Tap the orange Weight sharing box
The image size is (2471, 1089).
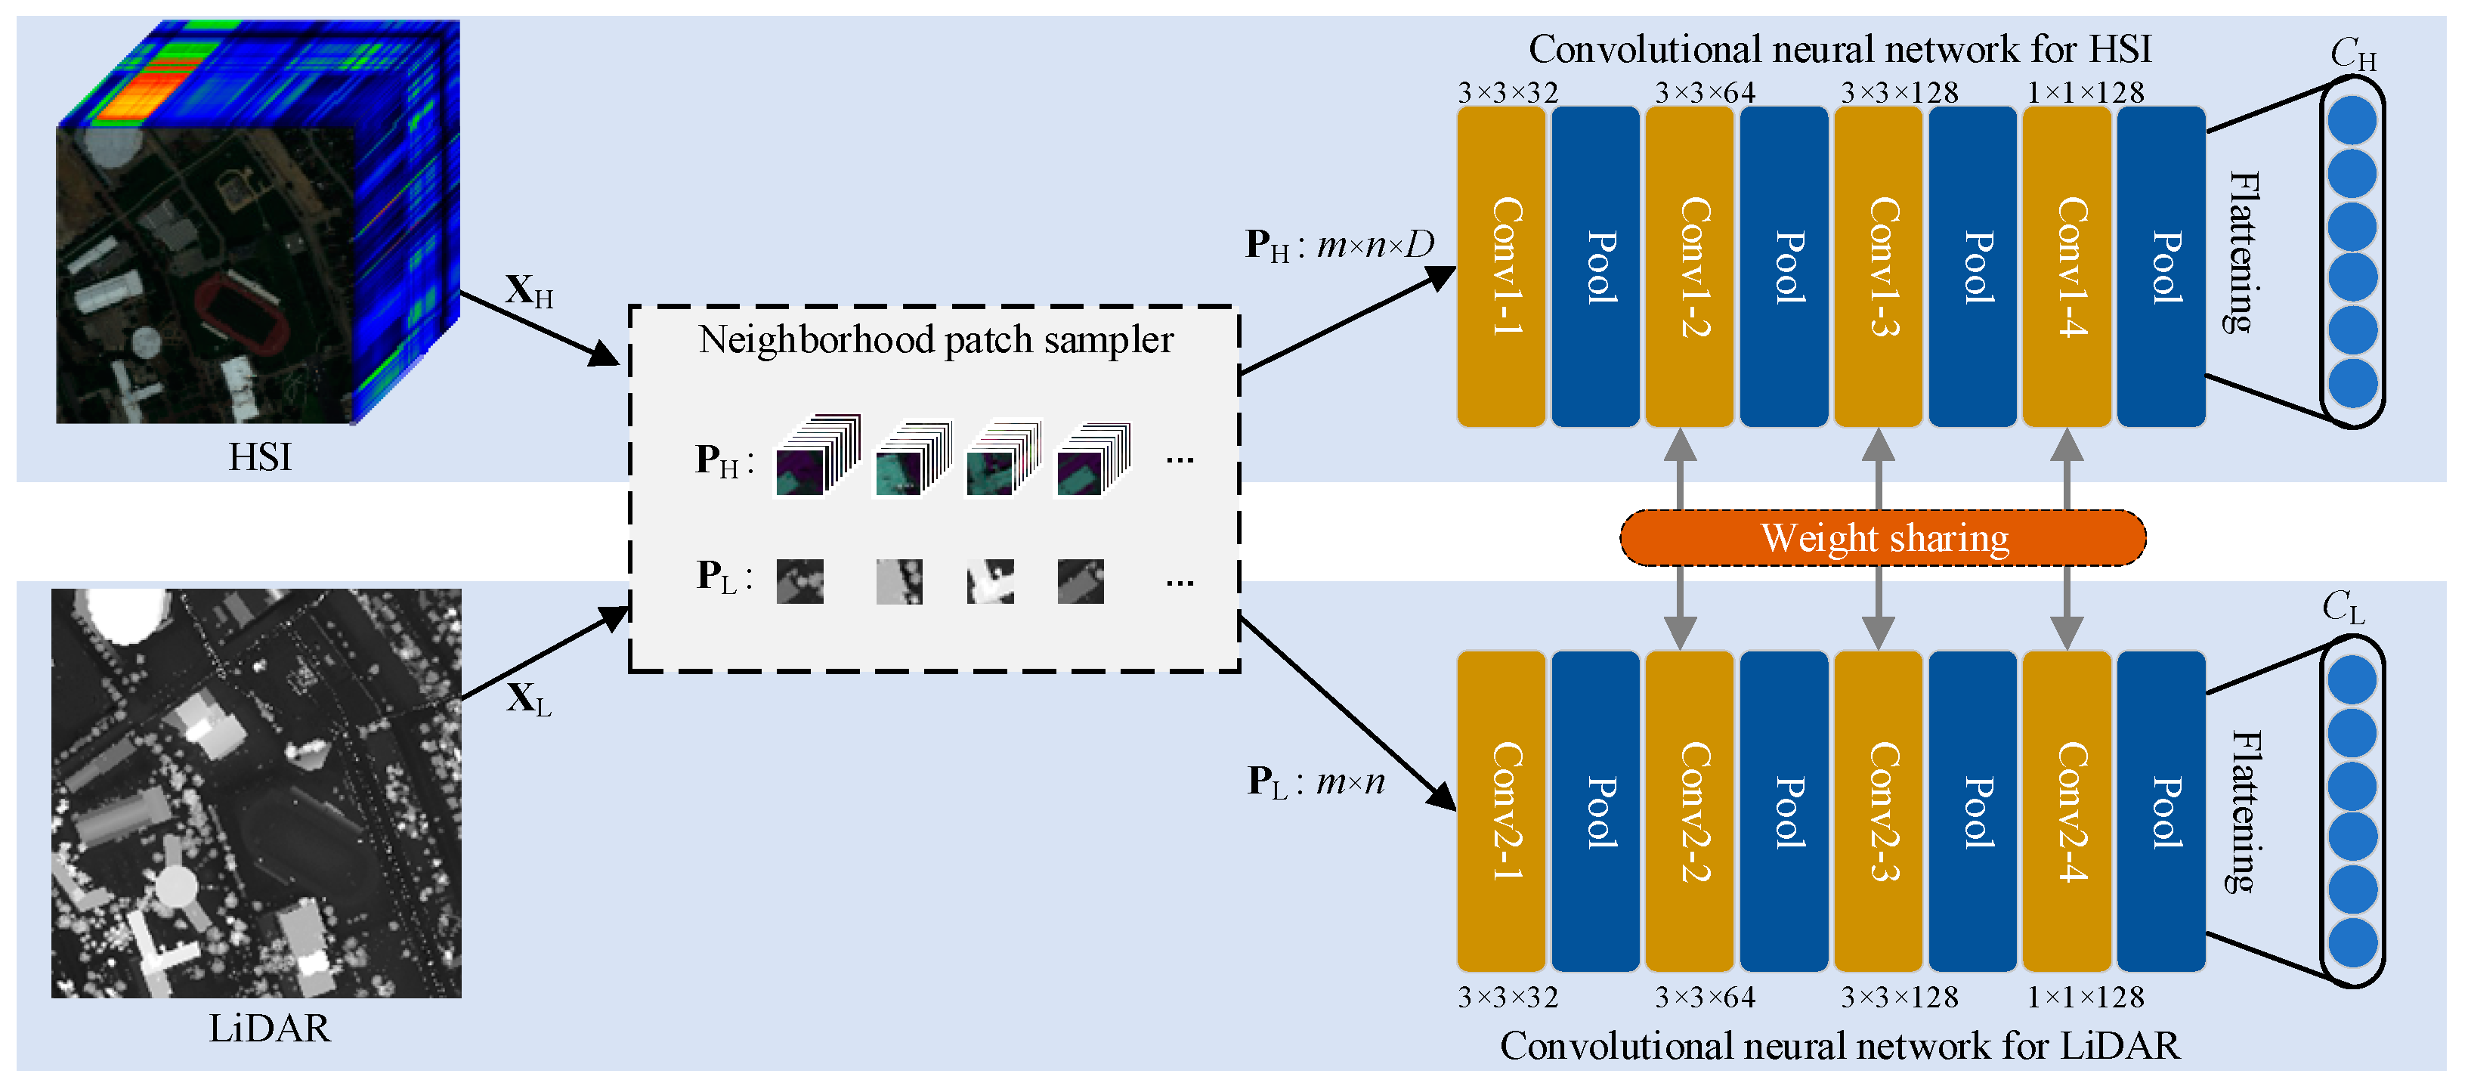coord(1882,538)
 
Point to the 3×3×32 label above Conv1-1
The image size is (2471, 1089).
coord(1507,93)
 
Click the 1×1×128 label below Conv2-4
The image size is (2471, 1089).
coord(2084,998)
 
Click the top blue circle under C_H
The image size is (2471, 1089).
coord(2352,122)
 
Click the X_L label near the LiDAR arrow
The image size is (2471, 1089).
coord(528,698)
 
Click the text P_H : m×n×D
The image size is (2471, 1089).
coord(1339,246)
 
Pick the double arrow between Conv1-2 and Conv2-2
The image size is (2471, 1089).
coord(1680,538)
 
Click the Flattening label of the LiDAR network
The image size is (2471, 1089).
coord(2243,812)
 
